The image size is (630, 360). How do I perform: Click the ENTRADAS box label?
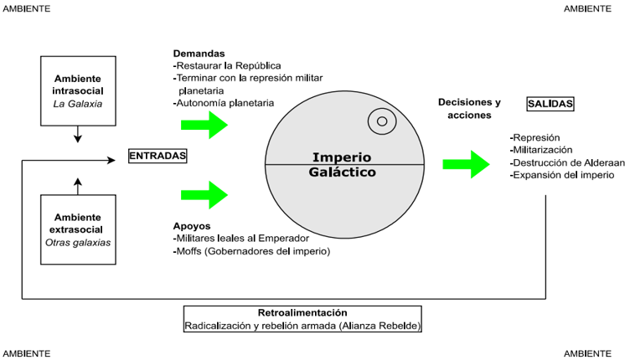point(157,156)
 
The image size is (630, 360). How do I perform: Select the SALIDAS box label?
point(550,104)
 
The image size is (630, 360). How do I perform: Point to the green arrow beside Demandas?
point(204,126)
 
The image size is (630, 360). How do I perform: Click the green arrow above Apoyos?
point(204,197)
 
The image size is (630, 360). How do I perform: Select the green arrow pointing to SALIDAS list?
point(467,164)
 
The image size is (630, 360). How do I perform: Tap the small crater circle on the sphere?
point(382,121)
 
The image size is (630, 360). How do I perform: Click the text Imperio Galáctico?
point(342,164)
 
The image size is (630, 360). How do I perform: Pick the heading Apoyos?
point(192,227)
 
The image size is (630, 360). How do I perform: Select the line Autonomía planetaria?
point(225,103)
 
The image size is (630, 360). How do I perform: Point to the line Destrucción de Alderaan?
point(567,162)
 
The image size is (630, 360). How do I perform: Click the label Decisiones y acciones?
point(469,108)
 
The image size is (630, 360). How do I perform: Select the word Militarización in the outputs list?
point(545,150)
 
